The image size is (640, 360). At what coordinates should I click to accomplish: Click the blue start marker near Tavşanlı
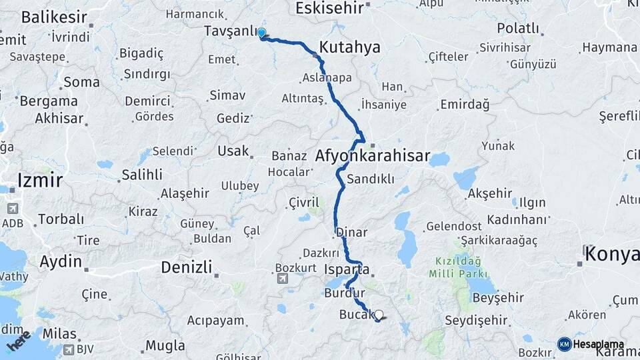[262, 33]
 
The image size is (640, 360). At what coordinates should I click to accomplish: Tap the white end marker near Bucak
[379, 315]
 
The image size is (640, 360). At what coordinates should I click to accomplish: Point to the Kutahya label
[349, 47]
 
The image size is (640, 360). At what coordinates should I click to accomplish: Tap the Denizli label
[186, 267]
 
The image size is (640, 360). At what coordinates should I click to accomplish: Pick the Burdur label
[344, 293]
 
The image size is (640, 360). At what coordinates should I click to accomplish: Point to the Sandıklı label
[371, 179]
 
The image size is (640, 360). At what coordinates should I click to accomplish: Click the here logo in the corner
[19, 341]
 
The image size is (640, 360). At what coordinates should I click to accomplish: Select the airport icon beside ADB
[11, 208]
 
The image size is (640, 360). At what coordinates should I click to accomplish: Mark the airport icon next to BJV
[69, 349]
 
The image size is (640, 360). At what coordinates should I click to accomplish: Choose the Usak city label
[233, 151]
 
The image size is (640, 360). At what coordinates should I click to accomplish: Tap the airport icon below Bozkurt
[282, 279]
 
